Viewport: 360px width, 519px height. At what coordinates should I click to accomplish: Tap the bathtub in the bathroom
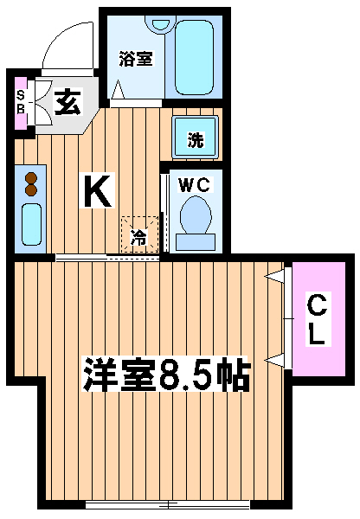tap(194, 57)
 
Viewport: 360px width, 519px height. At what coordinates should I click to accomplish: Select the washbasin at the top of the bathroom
tap(161, 25)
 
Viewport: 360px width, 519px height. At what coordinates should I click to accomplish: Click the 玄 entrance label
tap(67, 101)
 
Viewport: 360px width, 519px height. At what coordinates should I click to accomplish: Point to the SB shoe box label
tap(21, 102)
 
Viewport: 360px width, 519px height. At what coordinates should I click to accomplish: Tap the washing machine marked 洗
tap(196, 137)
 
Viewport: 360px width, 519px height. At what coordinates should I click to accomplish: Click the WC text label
tap(194, 184)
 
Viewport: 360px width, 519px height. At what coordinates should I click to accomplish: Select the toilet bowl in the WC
tap(196, 215)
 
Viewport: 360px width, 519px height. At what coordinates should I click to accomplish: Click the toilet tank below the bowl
tap(196, 242)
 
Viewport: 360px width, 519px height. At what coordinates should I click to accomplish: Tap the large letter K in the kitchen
tap(97, 190)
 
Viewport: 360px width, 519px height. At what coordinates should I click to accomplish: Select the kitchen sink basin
tap(31, 224)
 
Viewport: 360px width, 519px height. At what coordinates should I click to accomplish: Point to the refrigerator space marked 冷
tap(139, 234)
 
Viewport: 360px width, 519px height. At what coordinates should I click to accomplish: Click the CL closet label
tap(318, 319)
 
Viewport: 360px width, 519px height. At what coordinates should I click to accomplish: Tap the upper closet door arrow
tap(275, 277)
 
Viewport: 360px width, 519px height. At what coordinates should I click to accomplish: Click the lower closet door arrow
tap(275, 360)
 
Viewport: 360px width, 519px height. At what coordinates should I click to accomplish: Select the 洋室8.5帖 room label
tap(165, 374)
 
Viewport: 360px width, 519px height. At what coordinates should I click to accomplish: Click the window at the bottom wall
tap(167, 504)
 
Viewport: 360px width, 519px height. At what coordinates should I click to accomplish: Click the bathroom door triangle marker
tap(118, 89)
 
